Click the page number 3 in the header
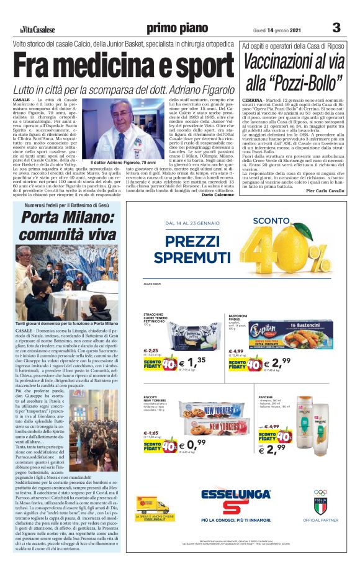pyautogui.click(x=336, y=28)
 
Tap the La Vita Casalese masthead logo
pyautogui.click(x=37, y=29)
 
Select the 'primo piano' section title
pyautogui.click(x=173, y=28)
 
